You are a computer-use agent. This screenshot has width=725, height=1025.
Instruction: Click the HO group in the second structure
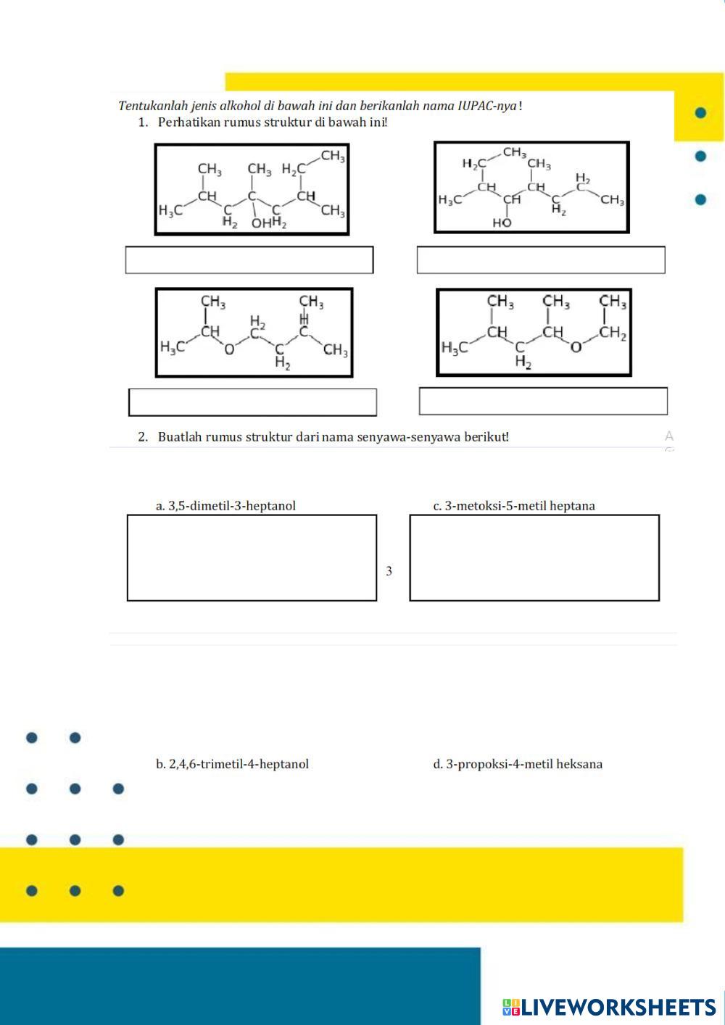point(502,223)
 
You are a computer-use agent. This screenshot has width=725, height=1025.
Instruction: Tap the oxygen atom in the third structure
point(229,349)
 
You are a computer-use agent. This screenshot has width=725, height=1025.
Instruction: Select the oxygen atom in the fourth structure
point(576,347)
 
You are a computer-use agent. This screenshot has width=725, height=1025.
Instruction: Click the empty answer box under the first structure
point(249,260)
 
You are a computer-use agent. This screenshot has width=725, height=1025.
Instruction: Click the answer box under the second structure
point(541,260)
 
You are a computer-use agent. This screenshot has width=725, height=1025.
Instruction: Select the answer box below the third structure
point(252,402)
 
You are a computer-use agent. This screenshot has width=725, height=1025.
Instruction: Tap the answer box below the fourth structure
point(543,401)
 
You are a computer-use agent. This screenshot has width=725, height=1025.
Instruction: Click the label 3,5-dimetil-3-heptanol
point(225,506)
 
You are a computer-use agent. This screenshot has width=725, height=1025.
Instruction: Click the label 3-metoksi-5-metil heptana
point(514,506)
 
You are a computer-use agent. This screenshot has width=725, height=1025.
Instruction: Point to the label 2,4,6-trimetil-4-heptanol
point(232,764)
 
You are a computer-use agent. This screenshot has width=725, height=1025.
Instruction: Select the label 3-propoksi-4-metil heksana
point(518,764)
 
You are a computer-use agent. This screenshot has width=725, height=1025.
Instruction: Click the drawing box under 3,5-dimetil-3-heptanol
point(252,558)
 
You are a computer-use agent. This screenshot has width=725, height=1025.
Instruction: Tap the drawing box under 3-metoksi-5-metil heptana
point(534,558)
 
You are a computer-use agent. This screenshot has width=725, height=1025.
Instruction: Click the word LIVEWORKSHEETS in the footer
point(618,1007)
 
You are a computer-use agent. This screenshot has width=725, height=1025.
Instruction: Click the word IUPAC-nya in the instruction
point(486,106)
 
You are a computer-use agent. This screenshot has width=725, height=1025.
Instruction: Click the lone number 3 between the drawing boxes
point(389,571)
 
